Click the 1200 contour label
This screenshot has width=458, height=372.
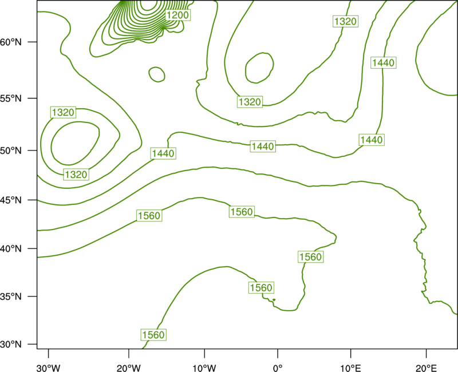click(x=177, y=15)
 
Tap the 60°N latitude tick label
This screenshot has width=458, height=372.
click(x=11, y=42)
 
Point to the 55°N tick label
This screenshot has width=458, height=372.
click(x=11, y=98)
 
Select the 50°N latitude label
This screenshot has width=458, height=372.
click(x=11, y=151)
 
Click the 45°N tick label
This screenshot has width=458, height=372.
click(x=11, y=200)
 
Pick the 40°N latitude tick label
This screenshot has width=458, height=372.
click(x=11, y=249)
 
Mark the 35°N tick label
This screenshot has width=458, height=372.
click(x=11, y=296)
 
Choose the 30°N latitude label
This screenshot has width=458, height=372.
click(x=11, y=345)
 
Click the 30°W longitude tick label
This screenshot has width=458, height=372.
click(x=49, y=368)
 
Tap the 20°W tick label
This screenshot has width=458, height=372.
click(x=129, y=368)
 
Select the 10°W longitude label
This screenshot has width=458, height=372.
click(x=204, y=368)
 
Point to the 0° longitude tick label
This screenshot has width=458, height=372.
click(x=278, y=368)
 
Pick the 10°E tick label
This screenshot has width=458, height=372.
click(x=350, y=368)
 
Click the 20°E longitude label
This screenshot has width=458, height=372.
click(x=426, y=368)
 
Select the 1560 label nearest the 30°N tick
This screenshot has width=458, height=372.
click(x=153, y=335)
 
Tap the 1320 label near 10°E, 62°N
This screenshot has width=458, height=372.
click(x=346, y=21)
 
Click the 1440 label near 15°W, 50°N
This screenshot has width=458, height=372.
click(x=163, y=153)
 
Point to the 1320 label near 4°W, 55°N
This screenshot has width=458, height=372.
click(x=250, y=102)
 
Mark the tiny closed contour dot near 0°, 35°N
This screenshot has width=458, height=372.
click(x=274, y=299)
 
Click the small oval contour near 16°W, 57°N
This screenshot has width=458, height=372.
click(x=157, y=68)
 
